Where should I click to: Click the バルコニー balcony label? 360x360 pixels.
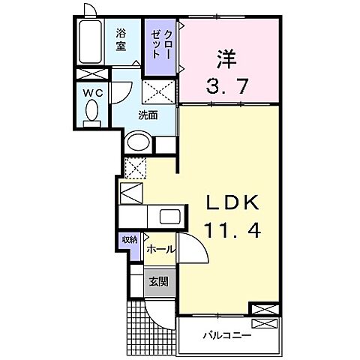point(226,334)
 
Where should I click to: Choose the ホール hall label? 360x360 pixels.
point(160,248)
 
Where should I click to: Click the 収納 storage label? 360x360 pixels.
point(130,240)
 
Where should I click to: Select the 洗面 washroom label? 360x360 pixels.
point(147,115)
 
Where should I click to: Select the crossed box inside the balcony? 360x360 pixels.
point(265,324)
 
